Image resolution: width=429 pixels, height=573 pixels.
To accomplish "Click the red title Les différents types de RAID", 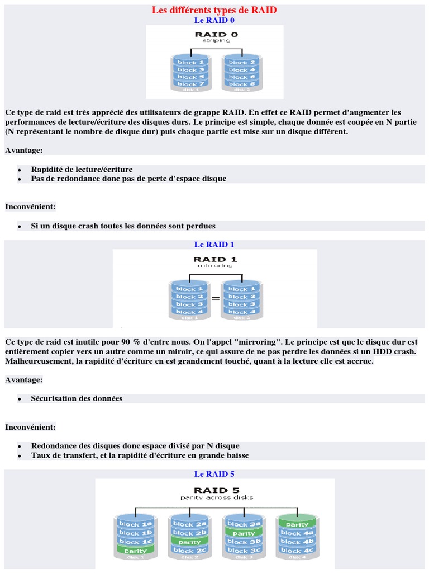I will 214,10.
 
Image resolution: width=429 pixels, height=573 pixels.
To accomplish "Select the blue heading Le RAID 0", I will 214,20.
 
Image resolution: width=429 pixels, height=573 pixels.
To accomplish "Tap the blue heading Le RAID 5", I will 214,474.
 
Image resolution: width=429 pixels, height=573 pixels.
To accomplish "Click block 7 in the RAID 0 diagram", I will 188,84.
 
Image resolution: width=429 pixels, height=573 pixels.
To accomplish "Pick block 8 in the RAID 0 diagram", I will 241,84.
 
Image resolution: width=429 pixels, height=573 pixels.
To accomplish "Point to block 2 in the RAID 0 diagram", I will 241,63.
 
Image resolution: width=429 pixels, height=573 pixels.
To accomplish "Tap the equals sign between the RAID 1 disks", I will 215,299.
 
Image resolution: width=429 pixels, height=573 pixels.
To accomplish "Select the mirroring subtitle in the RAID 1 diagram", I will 215,266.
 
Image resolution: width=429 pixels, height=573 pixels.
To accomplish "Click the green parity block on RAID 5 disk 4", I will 297,524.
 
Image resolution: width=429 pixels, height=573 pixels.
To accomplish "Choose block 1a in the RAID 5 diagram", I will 135,524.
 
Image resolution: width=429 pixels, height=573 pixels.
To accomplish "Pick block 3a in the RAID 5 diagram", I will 244,524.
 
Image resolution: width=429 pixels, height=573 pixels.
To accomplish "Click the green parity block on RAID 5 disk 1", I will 135,551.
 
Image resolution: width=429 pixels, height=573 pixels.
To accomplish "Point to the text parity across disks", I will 217,497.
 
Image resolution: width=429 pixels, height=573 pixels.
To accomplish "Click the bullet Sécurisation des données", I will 77,398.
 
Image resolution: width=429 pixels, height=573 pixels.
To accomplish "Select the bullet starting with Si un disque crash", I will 123,226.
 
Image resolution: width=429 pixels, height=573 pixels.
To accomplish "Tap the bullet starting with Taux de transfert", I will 140,455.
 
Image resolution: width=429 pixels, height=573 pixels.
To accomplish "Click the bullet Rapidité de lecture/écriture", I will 82,169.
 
